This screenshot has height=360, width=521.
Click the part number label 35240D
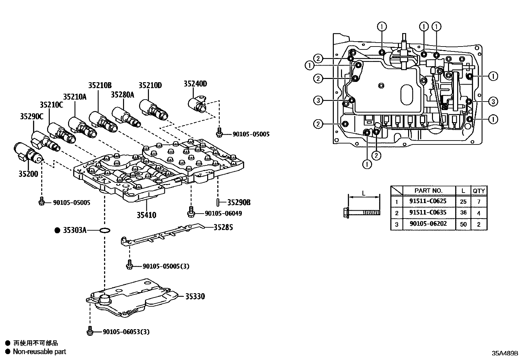[195, 84]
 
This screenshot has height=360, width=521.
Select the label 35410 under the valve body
[146, 215]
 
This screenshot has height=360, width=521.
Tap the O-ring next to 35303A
[104, 231]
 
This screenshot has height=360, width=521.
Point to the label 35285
[223, 227]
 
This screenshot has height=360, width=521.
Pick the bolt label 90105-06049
[223, 213]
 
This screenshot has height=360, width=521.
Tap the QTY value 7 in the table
[478, 201]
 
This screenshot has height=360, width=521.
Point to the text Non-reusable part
[39, 351]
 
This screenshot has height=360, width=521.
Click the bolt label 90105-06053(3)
[126, 332]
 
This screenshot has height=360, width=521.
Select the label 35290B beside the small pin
[239, 202]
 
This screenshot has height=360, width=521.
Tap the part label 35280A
[122, 95]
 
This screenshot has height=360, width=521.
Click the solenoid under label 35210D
[154, 110]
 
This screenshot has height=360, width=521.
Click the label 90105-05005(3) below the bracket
[166, 266]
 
